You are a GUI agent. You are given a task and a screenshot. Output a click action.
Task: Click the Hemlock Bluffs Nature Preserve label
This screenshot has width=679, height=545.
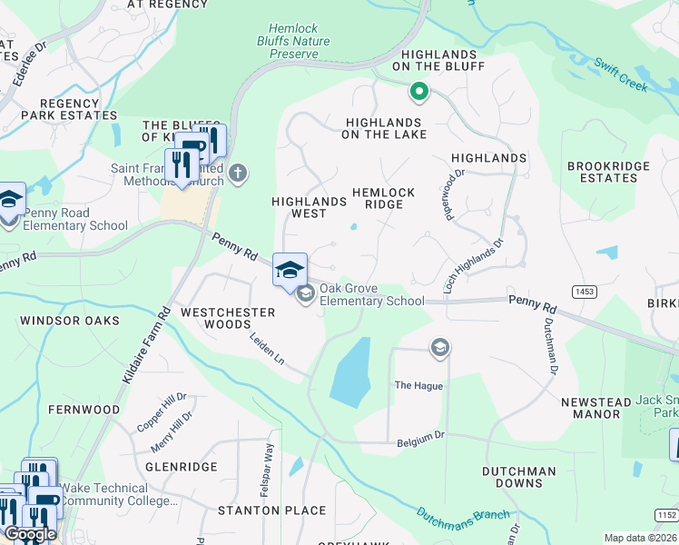pos(299,42)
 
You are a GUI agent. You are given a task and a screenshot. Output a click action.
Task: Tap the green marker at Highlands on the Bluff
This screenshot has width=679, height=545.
pos(418,91)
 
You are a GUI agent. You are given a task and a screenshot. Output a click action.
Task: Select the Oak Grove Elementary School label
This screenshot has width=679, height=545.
pos(371,295)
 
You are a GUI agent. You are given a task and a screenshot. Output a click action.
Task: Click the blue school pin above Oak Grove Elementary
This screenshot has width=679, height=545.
pos(290,270)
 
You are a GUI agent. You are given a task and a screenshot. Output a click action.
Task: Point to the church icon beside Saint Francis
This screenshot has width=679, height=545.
pos(238,173)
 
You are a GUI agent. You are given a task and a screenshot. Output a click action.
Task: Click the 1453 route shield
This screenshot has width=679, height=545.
pos(584,291)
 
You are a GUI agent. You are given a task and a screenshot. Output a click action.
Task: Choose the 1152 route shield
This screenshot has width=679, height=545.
pos(666,516)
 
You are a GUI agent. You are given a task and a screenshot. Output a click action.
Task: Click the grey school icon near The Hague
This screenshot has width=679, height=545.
pos(440,347)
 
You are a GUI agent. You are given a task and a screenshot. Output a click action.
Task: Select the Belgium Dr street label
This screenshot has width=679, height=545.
pos(420,443)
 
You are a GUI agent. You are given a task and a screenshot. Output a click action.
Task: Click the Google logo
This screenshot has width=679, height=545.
pos(30,534)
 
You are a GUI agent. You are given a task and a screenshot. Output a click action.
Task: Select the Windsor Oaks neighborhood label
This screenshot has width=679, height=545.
pos(70,321)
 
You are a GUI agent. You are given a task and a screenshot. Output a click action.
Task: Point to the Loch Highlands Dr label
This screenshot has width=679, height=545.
pos(473,266)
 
